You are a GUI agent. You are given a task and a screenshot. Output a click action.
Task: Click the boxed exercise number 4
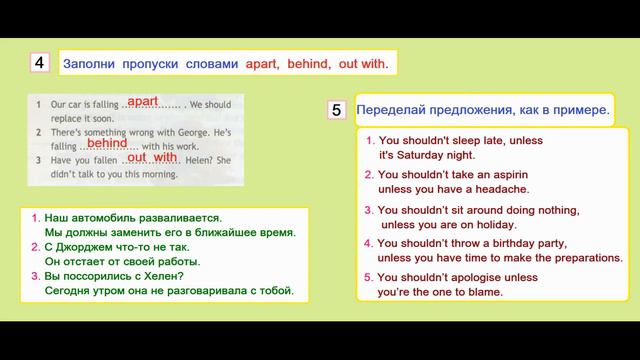[x=39, y=63]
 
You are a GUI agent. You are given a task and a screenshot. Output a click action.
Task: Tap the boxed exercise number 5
[x=337, y=110]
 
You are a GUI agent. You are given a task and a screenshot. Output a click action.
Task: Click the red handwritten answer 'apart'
[x=143, y=101]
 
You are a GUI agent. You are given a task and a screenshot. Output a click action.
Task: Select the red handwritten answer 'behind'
[x=107, y=143]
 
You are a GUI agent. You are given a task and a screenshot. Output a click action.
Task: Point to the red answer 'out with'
[x=152, y=157]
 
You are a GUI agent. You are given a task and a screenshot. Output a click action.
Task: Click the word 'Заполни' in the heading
[x=87, y=63]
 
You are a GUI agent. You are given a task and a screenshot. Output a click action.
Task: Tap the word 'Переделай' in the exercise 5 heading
[x=396, y=110]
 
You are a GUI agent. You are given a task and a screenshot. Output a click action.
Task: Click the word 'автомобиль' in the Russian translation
[x=100, y=217]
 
